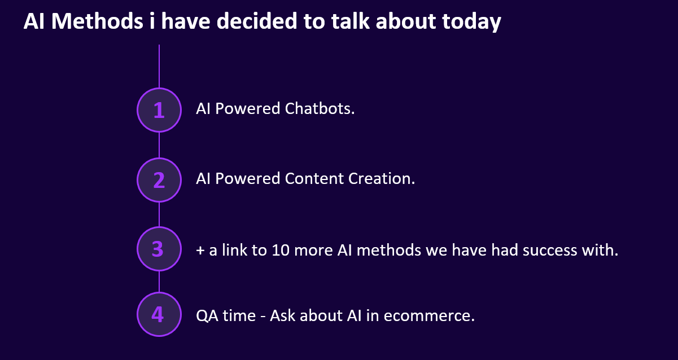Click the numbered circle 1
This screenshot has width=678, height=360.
pos(159,110)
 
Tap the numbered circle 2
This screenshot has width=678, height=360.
pos(159,180)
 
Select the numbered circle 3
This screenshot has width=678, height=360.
pos(159,249)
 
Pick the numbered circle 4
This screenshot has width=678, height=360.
pos(159,314)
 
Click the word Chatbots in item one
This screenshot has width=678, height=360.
pos(320,108)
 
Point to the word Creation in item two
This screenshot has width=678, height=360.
pos(382,178)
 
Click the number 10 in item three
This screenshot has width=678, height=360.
pos(281,250)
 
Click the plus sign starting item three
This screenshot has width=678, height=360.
pos(200,251)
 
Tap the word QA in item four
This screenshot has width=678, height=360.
pos(207,316)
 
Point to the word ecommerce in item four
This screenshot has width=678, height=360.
pos(429,316)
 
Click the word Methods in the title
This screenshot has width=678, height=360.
pos(97,21)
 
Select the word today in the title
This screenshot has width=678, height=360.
pos(471,23)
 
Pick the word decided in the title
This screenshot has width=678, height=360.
pos(257,21)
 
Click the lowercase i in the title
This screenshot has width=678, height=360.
pos(152,21)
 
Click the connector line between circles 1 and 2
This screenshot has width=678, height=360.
pos(159,145)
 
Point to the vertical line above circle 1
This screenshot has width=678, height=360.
pos(159,66)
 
